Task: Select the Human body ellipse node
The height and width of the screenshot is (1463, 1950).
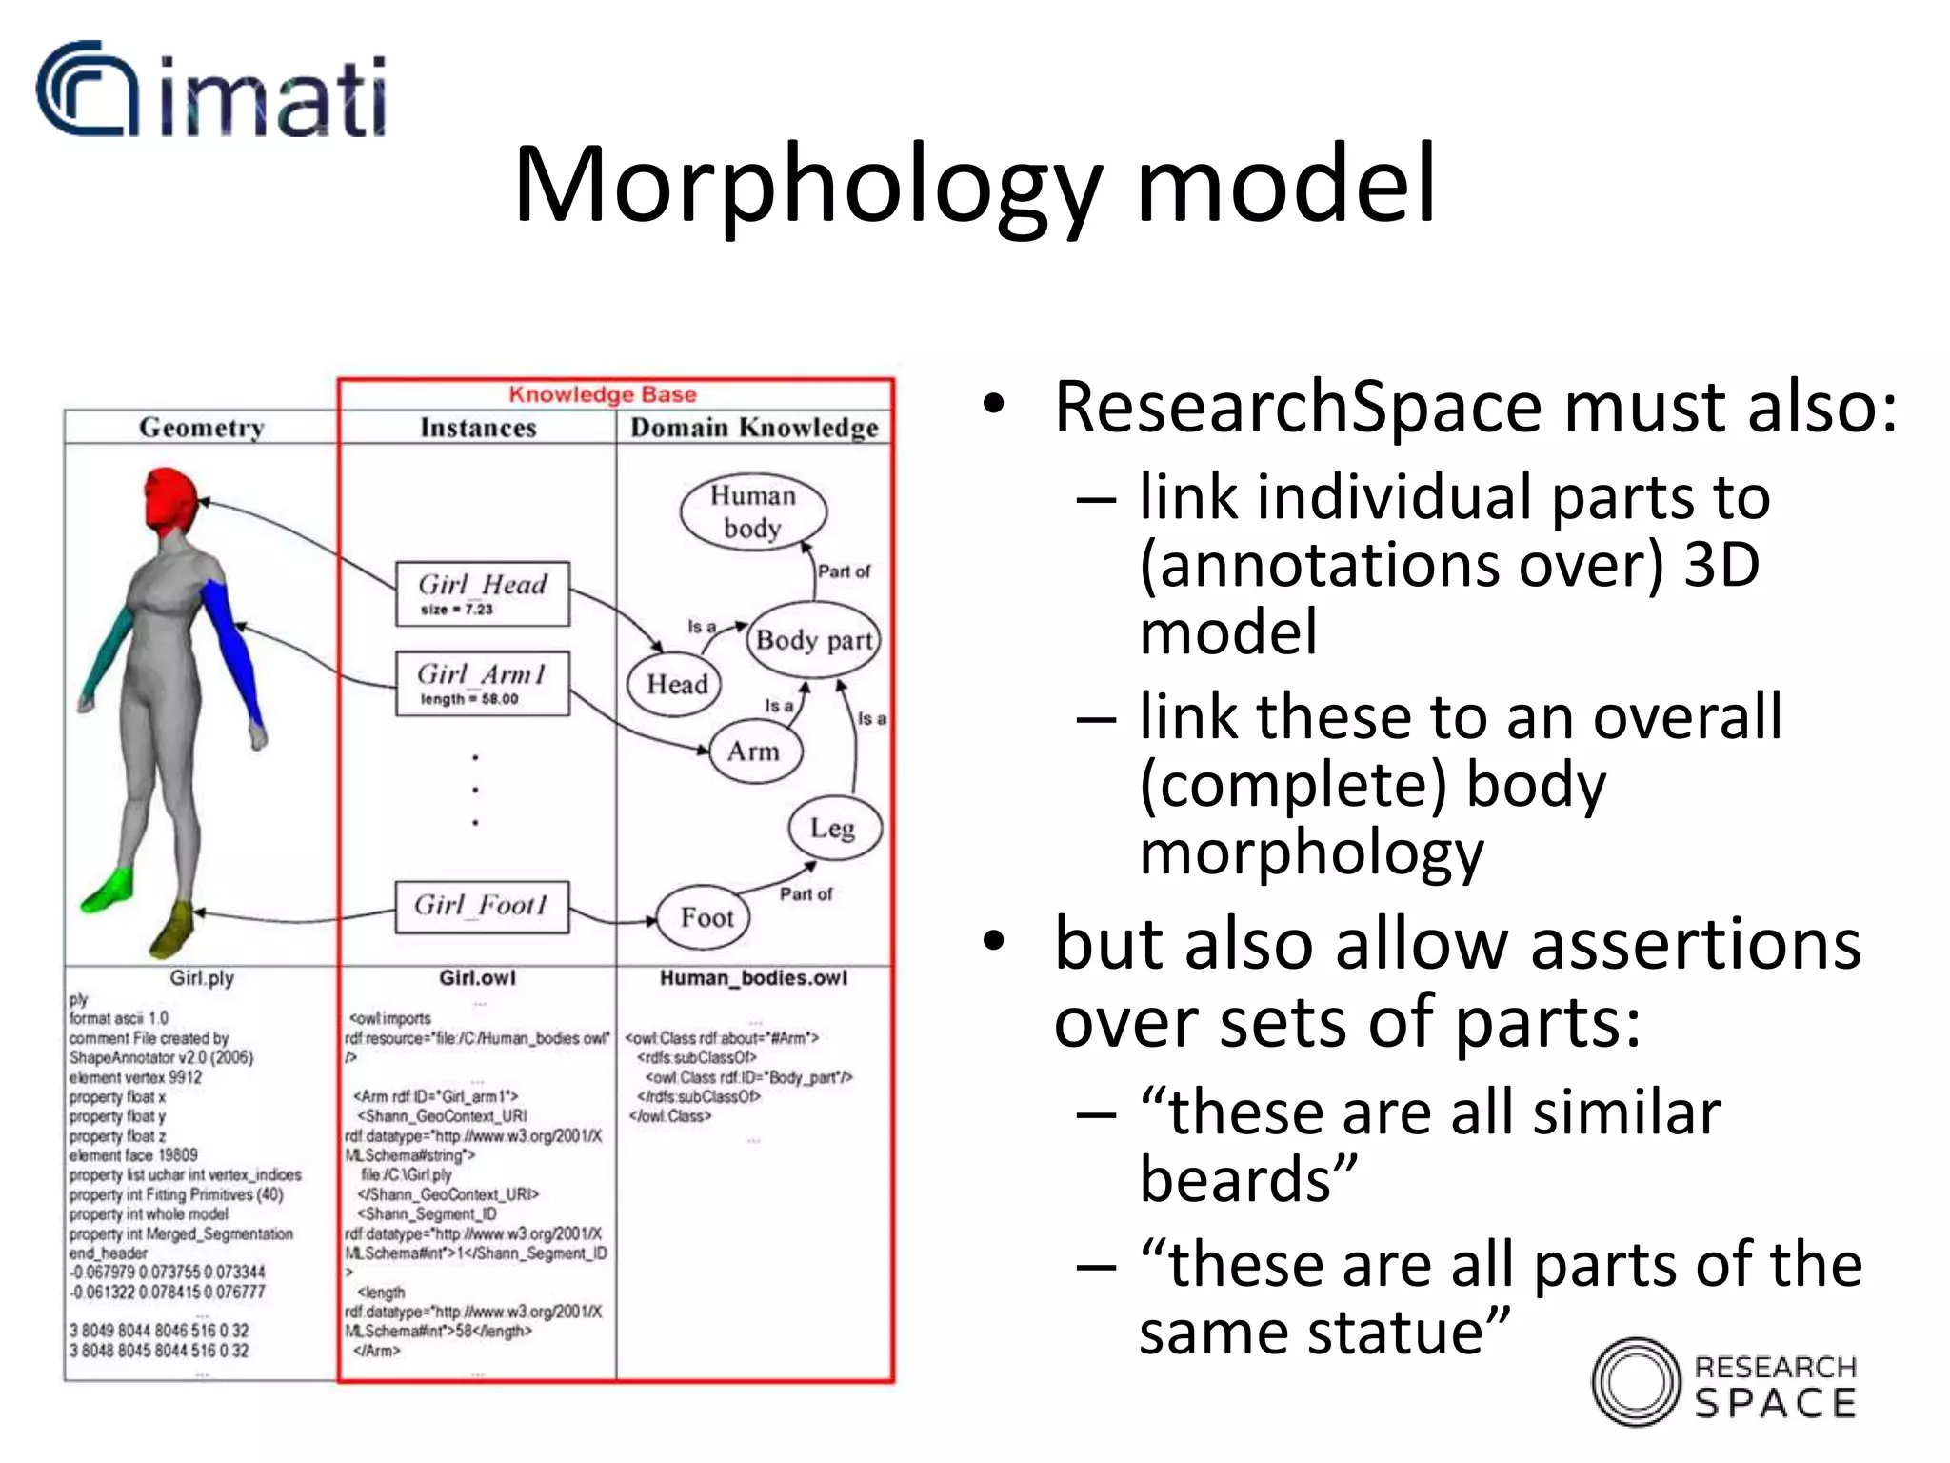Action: click(x=752, y=511)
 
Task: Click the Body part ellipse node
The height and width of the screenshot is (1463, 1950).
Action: click(x=813, y=640)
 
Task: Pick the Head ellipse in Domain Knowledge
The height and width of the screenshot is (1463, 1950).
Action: click(x=676, y=684)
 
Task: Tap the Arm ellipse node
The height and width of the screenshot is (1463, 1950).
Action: click(x=754, y=752)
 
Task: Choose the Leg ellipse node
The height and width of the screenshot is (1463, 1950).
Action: click(x=833, y=828)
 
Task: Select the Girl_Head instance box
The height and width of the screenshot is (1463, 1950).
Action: click(x=483, y=593)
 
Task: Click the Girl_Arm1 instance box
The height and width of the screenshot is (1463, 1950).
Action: click(x=483, y=683)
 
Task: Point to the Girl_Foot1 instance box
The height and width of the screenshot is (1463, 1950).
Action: click(x=482, y=906)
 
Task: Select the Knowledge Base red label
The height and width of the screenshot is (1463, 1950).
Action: click(x=602, y=394)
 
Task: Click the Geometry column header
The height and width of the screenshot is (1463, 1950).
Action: click(x=201, y=428)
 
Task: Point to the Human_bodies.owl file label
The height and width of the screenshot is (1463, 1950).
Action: click(x=753, y=978)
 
